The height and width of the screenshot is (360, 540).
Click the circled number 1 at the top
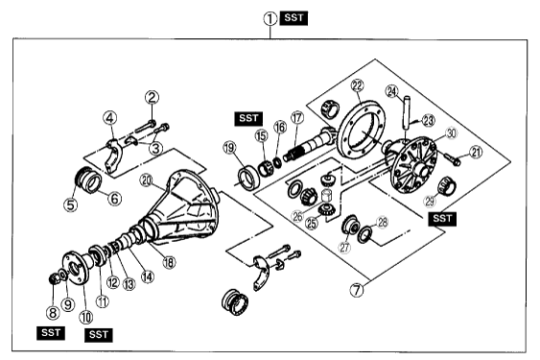click(x=270, y=18)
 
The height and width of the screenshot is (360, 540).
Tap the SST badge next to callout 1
click(x=293, y=18)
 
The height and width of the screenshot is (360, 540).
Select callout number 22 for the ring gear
click(x=358, y=85)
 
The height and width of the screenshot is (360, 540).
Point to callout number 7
click(x=357, y=290)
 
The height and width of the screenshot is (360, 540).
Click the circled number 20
click(x=147, y=180)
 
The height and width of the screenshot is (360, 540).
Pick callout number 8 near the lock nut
click(x=53, y=313)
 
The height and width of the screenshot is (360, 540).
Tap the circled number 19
click(x=229, y=148)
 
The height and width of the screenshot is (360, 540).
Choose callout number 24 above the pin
click(x=392, y=91)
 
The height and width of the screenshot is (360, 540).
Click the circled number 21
click(x=476, y=152)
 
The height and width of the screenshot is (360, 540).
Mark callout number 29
click(x=430, y=201)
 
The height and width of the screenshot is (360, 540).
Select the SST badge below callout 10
click(x=99, y=334)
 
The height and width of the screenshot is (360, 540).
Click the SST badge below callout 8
click(x=51, y=333)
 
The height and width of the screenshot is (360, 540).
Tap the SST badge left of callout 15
click(x=248, y=119)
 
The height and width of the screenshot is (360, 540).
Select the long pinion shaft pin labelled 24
click(x=406, y=113)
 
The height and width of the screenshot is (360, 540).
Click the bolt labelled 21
click(x=450, y=157)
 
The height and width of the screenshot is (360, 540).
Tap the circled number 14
click(x=148, y=276)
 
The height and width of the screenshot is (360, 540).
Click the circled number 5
click(x=70, y=205)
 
